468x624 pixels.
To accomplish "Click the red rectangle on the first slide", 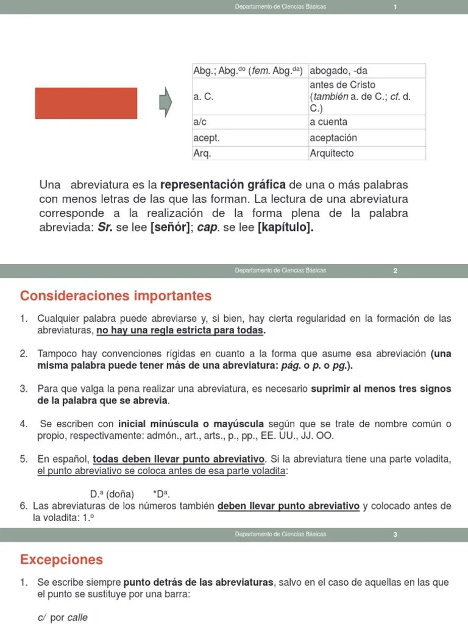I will coord(86,103).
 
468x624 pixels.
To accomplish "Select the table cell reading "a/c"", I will coord(250,122).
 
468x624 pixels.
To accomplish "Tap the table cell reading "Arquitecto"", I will coord(367,153).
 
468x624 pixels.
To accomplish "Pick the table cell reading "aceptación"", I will coord(367,138).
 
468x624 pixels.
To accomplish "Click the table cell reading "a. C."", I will coord(250,96).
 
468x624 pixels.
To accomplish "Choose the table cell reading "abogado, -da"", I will coord(367,71).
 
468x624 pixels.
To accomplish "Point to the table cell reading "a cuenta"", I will coord(367,122).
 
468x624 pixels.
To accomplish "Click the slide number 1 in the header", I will coord(395,7).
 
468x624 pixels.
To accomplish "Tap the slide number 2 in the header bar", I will coord(395,271).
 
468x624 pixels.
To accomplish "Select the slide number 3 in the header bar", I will coord(395,535).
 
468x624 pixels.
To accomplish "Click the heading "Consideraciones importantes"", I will coord(116,296).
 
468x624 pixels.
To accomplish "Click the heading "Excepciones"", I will coord(62,559).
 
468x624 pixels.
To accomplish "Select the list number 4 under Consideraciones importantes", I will coord(23,424).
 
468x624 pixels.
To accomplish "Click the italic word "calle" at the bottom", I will coord(77,617).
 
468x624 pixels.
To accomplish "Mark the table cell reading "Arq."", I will coord(250,153).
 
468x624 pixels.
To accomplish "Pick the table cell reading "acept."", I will coord(250,138).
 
